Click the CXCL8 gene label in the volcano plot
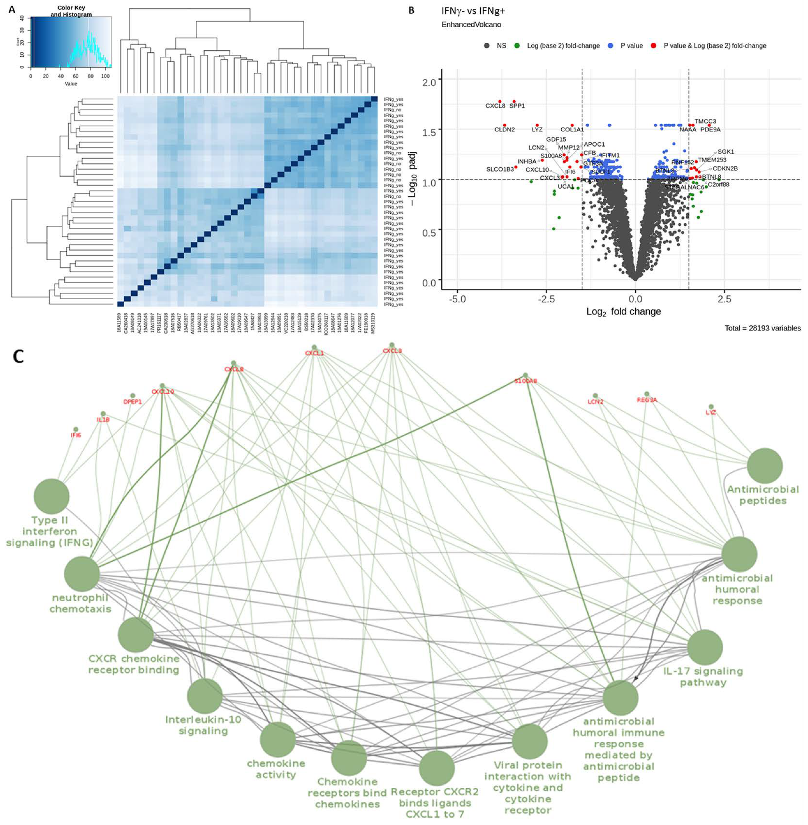coord(495,105)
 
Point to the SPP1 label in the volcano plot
coord(517,105)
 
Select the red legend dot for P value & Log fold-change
coord(654,46)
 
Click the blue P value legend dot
coord(610,46)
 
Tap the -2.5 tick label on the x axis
coord(546,299)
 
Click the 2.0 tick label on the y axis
coord(429,82)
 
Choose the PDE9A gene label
coord(710,129)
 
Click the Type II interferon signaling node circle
coord(51,496)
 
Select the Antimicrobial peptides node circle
coord(765,466)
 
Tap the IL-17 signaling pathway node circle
coord(705,647)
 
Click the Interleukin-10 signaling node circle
coord(205,696)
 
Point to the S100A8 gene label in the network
coord(525,381)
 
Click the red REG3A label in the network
coord(647,400)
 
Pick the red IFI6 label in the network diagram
coord(76,435)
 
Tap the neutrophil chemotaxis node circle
coord(82,574)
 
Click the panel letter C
coord(18,357)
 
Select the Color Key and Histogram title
coord(71,11)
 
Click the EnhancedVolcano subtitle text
coord(471,25)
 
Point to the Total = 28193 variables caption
coord(762,328)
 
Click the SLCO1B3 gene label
coord(499,169)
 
